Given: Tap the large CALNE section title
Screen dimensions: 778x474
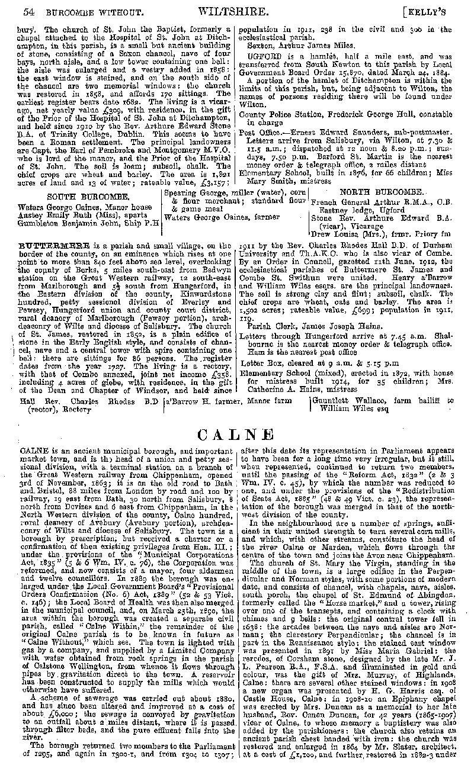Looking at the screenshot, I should tap(239, 435).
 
